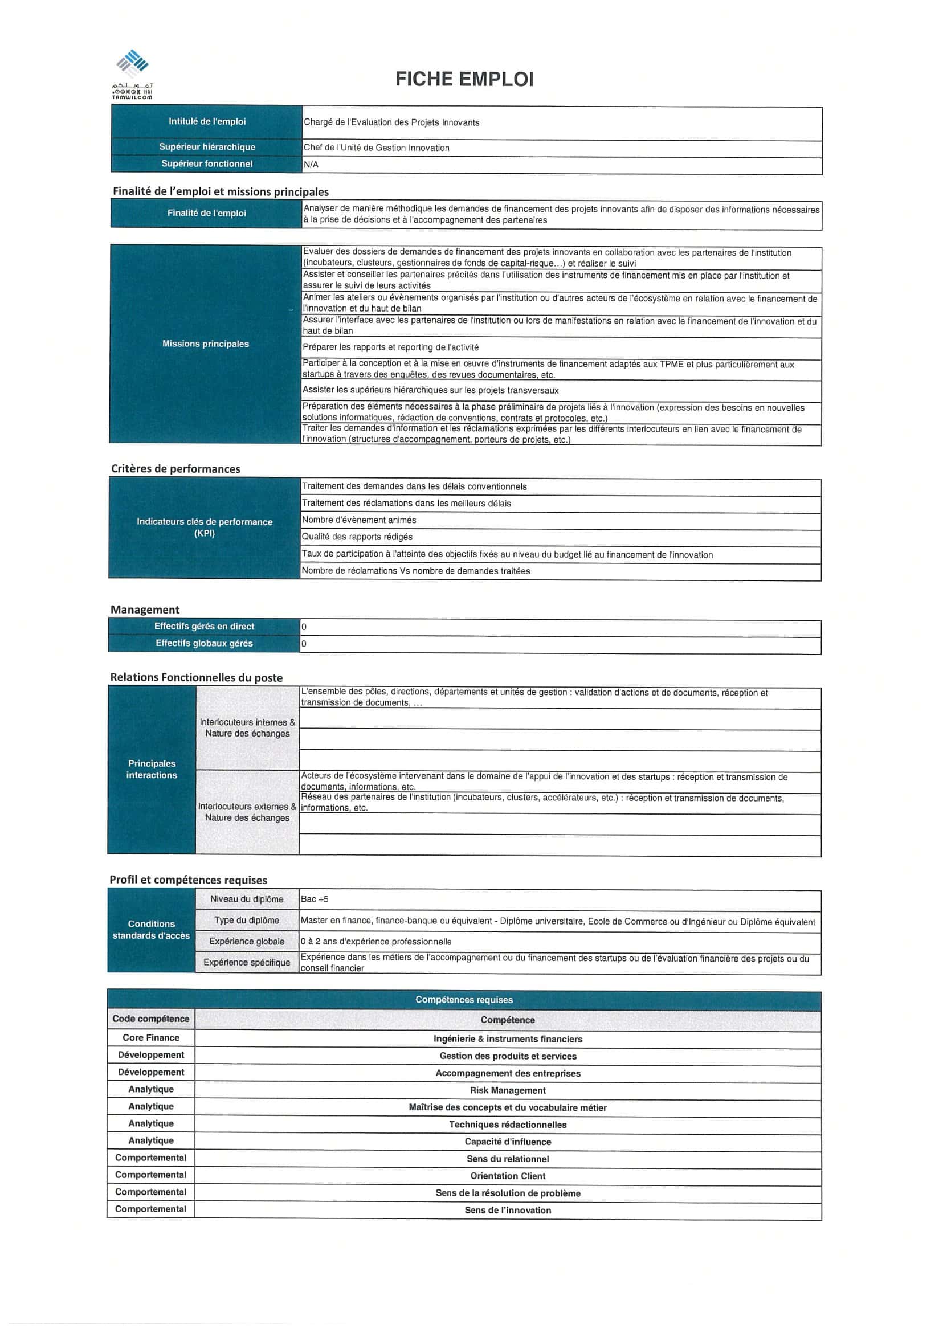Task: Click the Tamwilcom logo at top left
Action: point(132,73)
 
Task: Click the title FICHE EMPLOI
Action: point(464,79)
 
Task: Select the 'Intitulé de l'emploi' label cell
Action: point(207,121)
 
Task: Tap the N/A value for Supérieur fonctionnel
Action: point(311,165)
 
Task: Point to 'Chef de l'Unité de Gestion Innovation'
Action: point(376,148)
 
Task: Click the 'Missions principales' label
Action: point(206,344)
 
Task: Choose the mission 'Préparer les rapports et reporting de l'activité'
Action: point(390,347)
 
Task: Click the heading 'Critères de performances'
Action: point(175,468)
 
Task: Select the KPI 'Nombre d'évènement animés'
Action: point(359,520)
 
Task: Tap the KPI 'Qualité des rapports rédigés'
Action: point(357,537)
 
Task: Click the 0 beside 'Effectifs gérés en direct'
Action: point(304,627)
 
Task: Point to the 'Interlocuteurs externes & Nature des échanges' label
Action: point(247,812)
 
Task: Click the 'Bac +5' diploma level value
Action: point(315,899)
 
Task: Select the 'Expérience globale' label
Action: point(247,941)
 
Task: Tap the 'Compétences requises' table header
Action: point(464,1000)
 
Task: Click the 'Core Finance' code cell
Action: point(151,1037)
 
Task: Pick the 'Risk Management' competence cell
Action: point(508,1090)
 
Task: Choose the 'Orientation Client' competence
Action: point(508,1176)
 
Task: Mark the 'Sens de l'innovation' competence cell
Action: point(508,1210)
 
